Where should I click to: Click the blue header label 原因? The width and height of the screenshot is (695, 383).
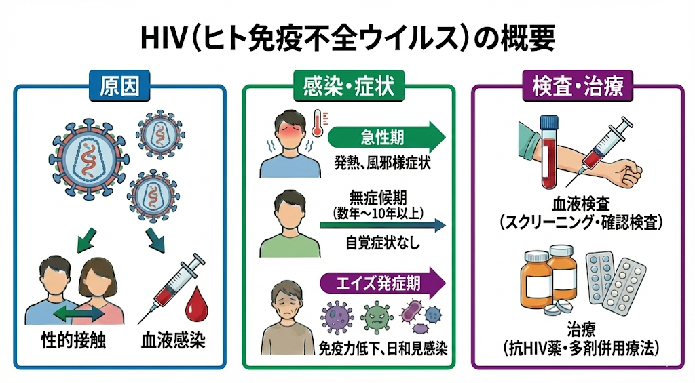pos(119,87)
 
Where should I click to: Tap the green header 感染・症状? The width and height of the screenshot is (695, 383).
pos(347,87)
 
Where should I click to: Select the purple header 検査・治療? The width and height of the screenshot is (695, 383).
pos(577,87)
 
